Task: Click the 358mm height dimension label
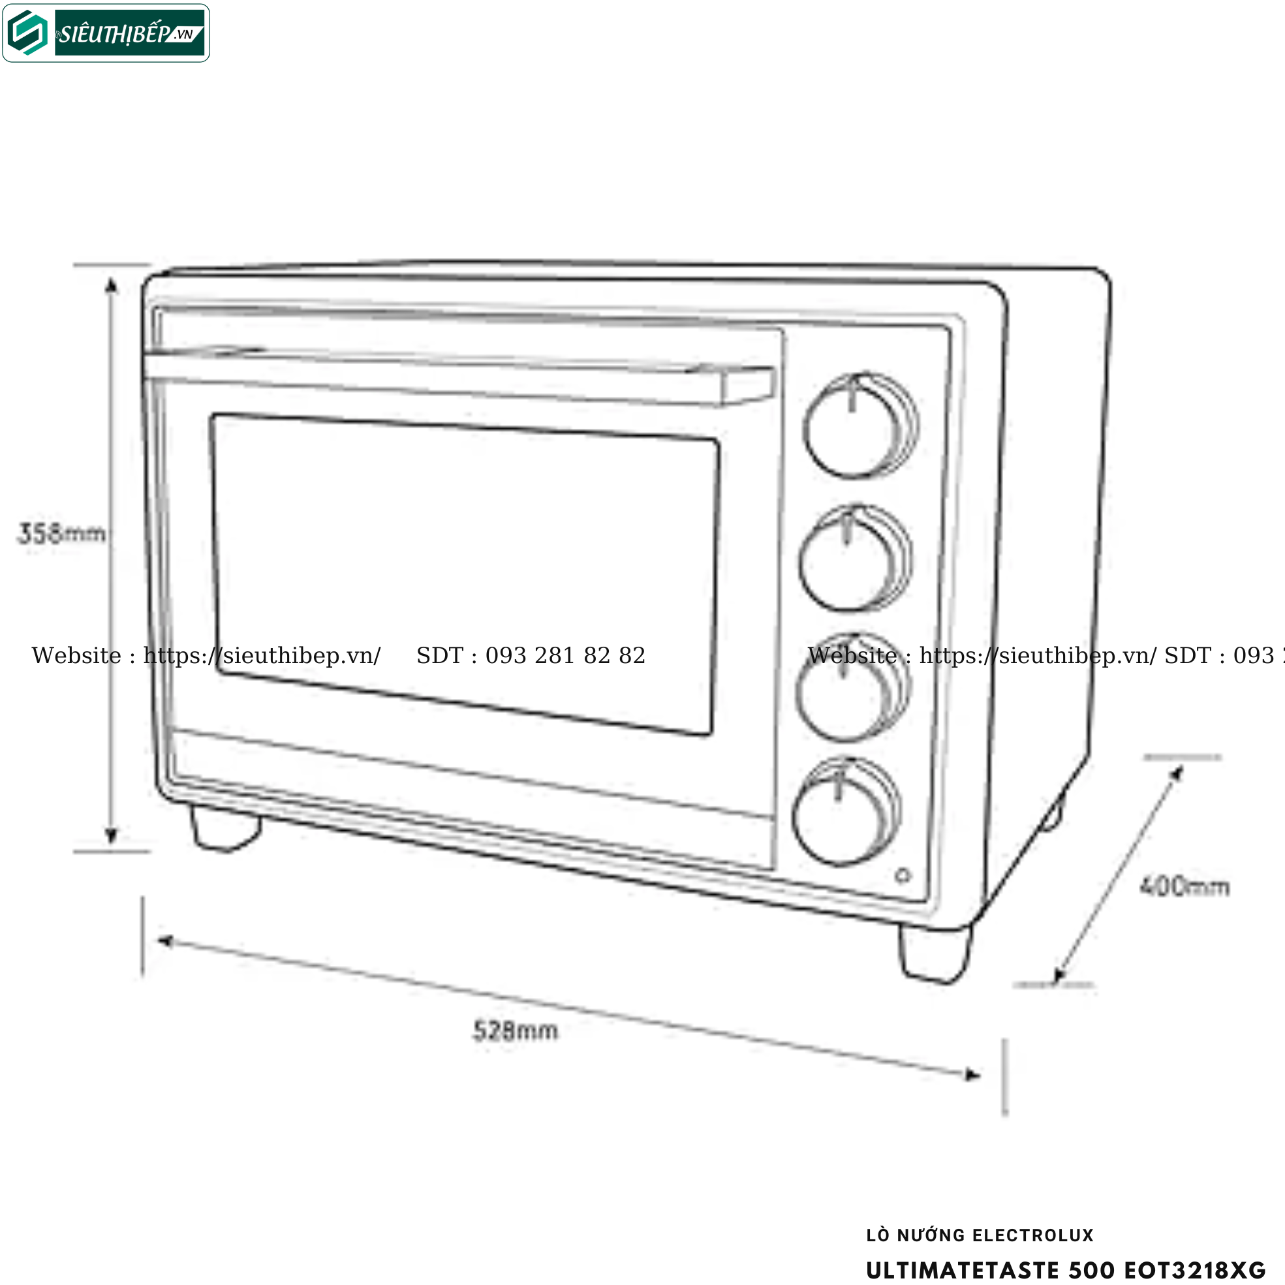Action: click(61, 533)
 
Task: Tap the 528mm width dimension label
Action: click(516, 1030)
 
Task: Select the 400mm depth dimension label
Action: click(1184, 887)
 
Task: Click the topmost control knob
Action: click(859, 426)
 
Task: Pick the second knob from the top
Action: click(854, 558)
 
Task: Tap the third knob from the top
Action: click(852, 687)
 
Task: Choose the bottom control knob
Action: click(845, 812)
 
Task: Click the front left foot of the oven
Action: click(225, 828)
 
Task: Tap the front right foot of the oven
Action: click(935, 952)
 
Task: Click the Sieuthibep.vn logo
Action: click(106, 33)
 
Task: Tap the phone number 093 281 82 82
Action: click(565, 656)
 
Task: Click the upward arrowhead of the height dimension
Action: click(112, 285)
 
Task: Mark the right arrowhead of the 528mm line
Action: click(973, 1075)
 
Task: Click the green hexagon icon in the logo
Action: click(27, 33)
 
